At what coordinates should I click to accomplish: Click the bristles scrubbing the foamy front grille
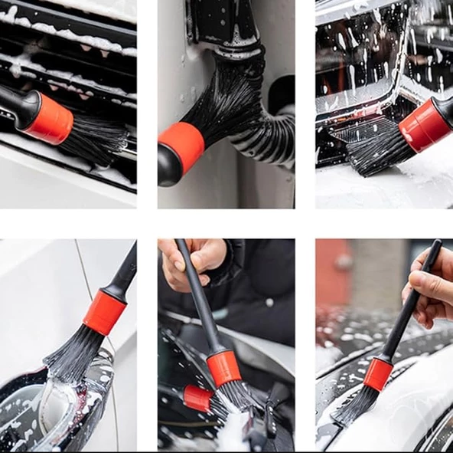point(375,149)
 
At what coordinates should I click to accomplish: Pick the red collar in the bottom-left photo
point(104,312)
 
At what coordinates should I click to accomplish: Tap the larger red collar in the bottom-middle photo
point(223,369)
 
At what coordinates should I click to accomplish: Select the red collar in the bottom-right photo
point(377,373)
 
